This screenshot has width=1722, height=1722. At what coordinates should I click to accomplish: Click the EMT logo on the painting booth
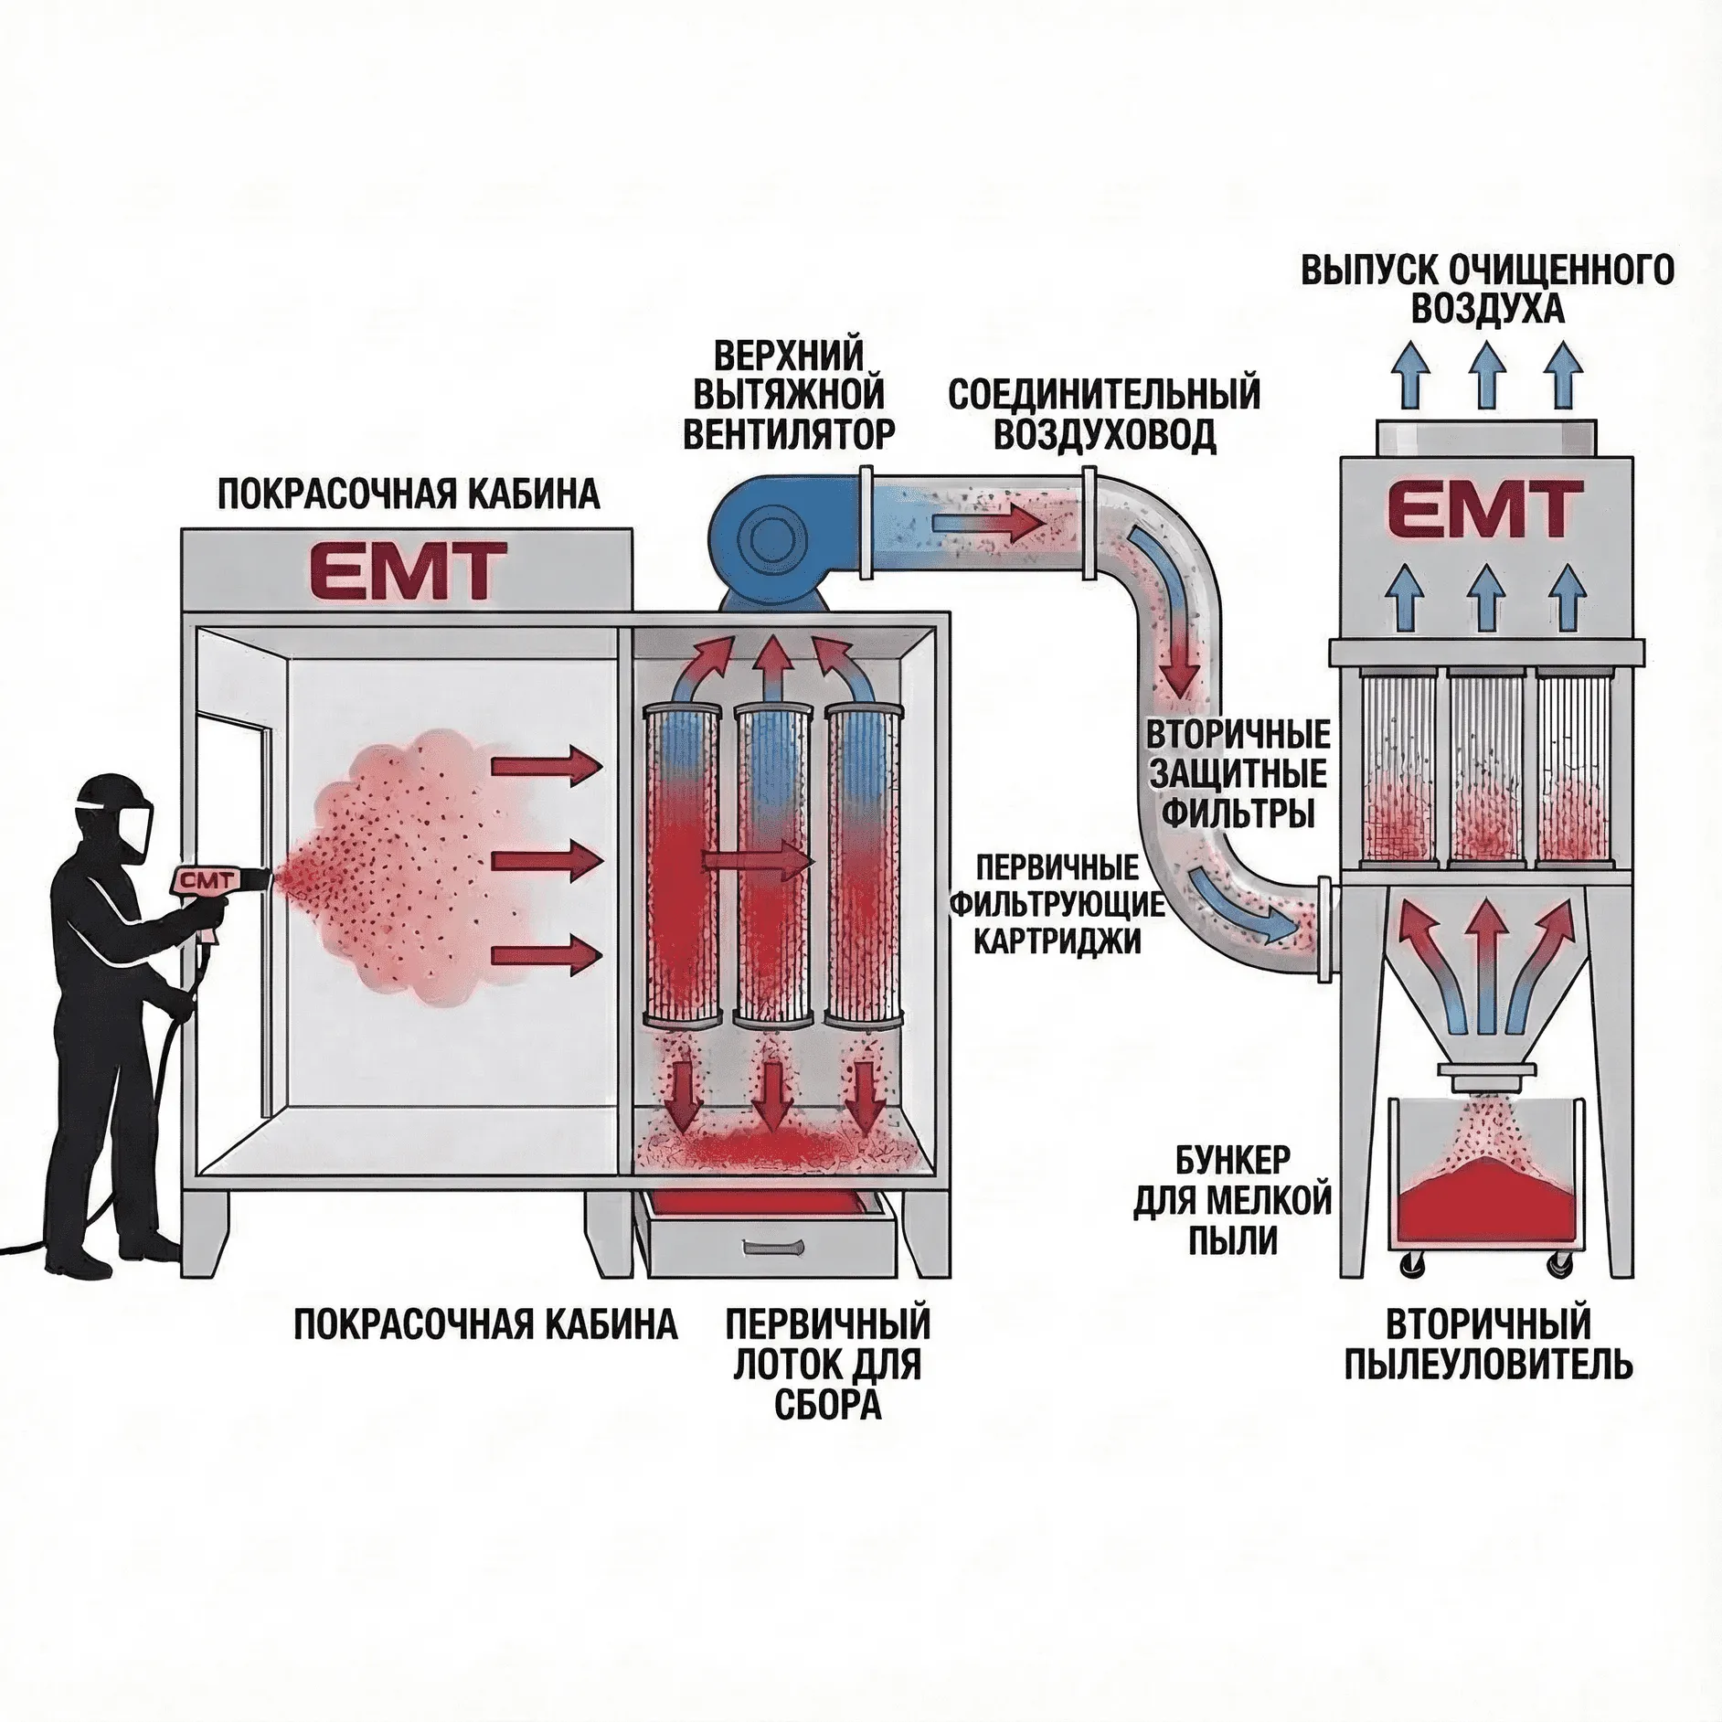coord(409,570)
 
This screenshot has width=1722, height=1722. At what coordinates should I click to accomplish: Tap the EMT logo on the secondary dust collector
coord(1486,511)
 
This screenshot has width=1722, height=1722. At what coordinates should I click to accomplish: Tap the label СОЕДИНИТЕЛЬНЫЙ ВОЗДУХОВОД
coord(1104,415)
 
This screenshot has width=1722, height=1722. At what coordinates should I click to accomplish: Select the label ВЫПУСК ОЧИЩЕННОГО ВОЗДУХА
coord(1487,290)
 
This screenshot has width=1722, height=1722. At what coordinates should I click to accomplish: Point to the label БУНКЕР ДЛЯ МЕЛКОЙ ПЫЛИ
coord(1234,1201)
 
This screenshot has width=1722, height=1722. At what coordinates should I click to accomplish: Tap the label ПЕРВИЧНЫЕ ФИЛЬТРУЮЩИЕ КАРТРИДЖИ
coord(1058,904)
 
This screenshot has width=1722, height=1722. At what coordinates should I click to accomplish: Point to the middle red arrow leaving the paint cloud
coord(547,860)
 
